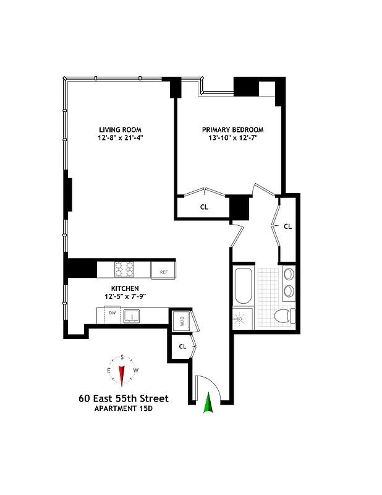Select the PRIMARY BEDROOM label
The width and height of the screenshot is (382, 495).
coord(232,130)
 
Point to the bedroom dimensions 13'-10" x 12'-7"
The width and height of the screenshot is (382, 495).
coord(232,139)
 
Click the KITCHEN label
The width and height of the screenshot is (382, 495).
coord(124,288)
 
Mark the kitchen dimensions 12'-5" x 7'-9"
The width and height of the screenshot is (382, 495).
coord(124,296)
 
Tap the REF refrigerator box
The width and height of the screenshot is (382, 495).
coord(164,271)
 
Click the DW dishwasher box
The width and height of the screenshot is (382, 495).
coord(112,313)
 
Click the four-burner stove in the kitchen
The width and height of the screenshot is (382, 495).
coord(124,270)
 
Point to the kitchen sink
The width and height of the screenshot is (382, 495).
coord(132,316)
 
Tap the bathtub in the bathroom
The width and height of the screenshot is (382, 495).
coord(243,286)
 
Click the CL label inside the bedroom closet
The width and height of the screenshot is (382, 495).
coord(204,207)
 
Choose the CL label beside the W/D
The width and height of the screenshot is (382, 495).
coord(182,346)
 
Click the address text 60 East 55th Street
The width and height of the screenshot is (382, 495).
coord(123,398)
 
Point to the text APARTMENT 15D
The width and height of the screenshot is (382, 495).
coord(123,409)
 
